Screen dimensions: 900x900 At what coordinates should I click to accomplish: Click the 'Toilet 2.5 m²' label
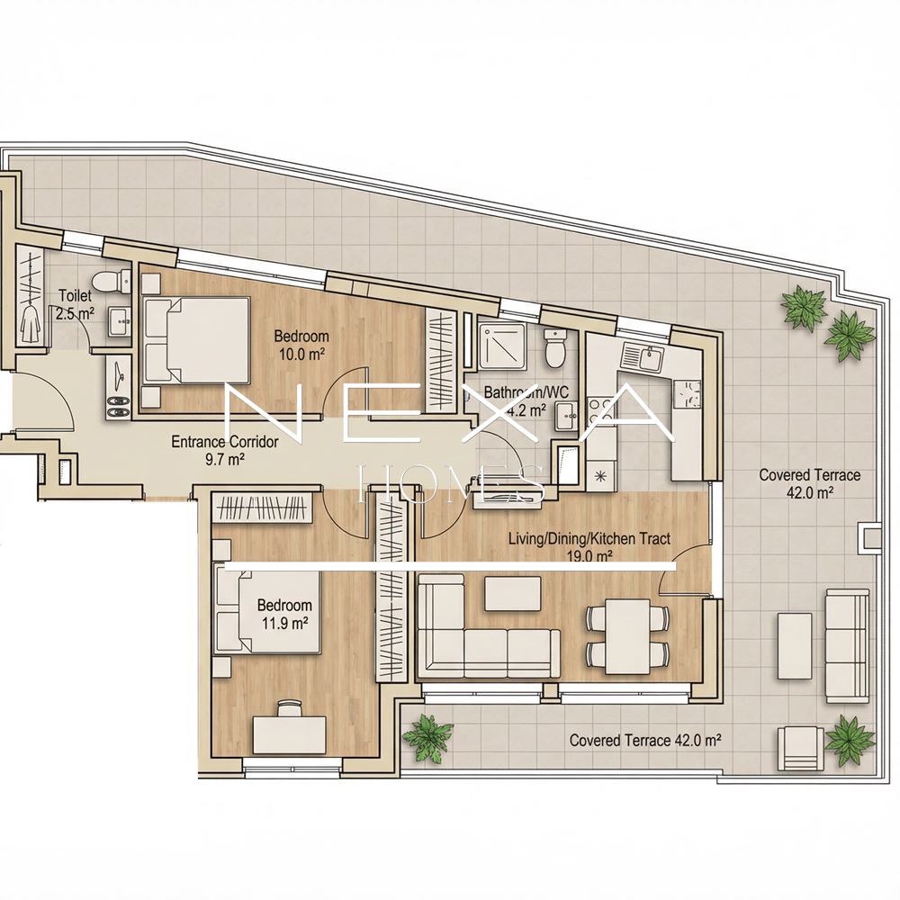[76, 305]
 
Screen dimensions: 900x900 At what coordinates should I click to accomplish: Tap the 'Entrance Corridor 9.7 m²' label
[224, 450]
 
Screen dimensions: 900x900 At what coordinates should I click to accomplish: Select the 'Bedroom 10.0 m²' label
[301, 345]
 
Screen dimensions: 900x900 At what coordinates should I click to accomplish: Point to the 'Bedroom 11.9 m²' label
[284, 614]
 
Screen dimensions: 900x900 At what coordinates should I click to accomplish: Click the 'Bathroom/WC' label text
[526, 392]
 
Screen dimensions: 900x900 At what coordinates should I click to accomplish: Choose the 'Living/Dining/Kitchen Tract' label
[589, 539]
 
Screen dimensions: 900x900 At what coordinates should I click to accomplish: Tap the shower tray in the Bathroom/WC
[503, 346]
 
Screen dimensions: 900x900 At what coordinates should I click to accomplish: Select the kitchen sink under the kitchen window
[642, 359]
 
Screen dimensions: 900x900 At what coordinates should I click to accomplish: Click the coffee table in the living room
[513, 593]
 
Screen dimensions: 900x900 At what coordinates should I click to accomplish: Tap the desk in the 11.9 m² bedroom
[289, 733]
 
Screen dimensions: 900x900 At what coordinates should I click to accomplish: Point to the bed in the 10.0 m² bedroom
[195, 340]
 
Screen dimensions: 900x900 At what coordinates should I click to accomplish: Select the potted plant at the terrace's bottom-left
[427, 738]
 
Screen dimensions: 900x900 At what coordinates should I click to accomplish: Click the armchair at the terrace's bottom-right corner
[802, 749]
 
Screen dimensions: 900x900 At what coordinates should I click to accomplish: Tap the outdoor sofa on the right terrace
[847, 645]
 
